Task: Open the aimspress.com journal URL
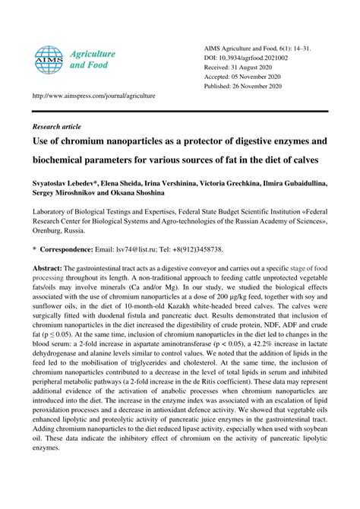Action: pos(93,96)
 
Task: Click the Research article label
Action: pos(58,126)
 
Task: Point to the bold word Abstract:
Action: pos(47,269)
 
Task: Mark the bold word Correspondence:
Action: pos(67,249)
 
